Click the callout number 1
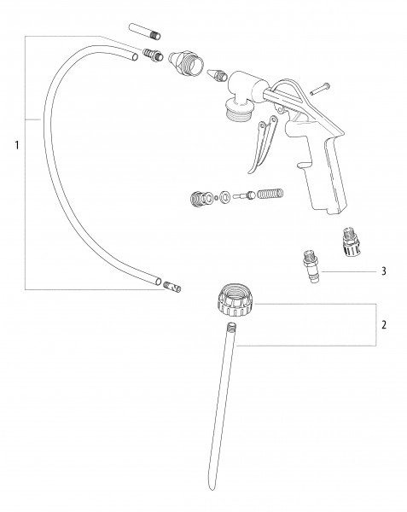tap(17, 145)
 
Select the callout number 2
tap(384, 324)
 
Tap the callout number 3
tap(384, 271)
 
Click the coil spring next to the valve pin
tap(270, 194)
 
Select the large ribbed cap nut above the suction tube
tap(235, 300)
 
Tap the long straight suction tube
tap(222, 404)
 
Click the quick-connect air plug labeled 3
tap(311, 265)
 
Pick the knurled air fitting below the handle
tap(351, 242)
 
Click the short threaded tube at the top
tap(145, 31)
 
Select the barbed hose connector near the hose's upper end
tap(153, 55)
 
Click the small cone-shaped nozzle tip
tap(217, 75)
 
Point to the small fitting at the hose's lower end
tap(172, 287)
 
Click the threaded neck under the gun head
tap(237, 110)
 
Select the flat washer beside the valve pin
tap(225, 196)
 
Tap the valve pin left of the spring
tap(244, 195)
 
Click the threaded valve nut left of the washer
tap(199, 199)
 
